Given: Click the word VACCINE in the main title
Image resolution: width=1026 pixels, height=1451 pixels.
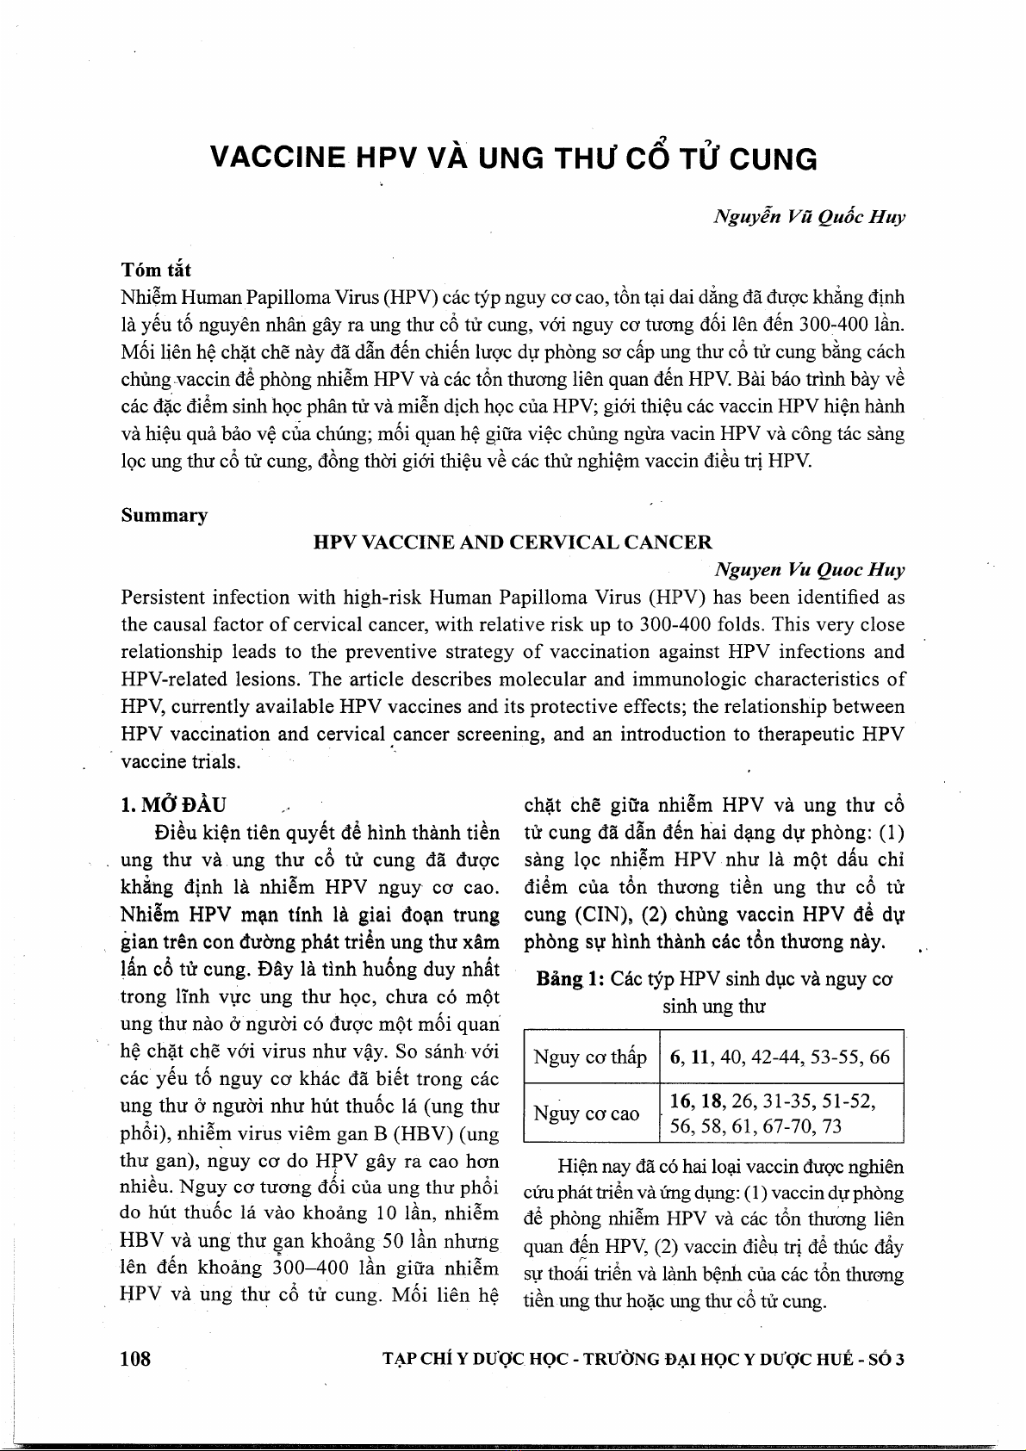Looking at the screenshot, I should coord(278,158).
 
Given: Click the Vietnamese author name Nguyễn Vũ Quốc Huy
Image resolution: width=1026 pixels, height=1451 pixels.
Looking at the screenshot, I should coord(809,217).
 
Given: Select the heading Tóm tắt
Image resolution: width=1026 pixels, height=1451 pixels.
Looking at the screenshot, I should coord(156,270).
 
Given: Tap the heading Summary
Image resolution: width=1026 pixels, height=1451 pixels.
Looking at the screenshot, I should coord(164,515).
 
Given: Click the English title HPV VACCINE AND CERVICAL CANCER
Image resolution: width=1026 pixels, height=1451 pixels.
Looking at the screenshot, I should coord(513,543).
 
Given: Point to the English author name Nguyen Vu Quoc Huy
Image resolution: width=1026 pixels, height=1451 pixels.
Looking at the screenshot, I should coord(809,570).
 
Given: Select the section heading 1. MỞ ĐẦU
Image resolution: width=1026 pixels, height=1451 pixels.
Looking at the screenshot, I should coord(173,805).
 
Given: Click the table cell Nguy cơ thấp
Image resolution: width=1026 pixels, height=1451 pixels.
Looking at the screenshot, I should coord(589,1057).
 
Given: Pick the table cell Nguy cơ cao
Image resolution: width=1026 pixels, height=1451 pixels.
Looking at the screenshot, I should coord(586,1113).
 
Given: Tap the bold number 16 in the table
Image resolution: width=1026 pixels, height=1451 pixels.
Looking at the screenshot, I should coord(681,1101).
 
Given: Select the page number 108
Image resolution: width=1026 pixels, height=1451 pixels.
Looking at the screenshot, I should coord(135,1359).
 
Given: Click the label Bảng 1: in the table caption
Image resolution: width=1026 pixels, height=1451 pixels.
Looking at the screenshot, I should coord(570,979).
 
